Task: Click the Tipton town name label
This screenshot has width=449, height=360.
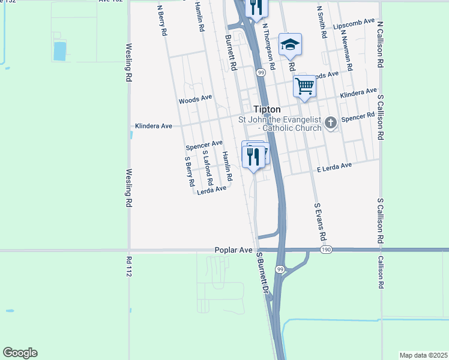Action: point(267,110)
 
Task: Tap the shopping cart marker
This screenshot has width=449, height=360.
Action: point(304,86)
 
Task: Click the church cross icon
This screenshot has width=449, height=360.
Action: point(330,124)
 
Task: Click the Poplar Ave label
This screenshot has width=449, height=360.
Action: point(234,250)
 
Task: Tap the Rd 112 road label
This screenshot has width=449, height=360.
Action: point(129,269)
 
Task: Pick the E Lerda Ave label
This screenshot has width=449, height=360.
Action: point(334,167)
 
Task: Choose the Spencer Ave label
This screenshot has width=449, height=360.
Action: point(203,145)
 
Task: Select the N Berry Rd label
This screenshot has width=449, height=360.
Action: point(161,21)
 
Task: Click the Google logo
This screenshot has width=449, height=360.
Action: point(20,353)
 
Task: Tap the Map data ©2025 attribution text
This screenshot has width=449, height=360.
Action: point(423,355)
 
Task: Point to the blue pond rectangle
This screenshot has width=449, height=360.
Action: point(60,51)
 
